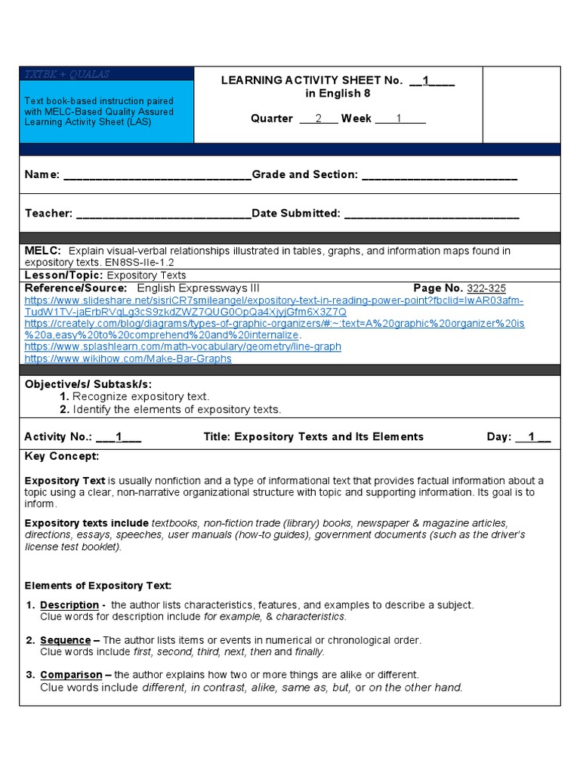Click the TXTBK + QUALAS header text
67,74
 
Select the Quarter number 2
319,119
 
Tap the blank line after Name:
157,175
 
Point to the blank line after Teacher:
163,214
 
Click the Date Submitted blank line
431,214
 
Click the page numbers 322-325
486,288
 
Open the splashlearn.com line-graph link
183,346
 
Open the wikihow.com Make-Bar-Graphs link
128,359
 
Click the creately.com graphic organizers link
274,323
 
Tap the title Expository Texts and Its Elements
313,436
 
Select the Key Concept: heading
62,457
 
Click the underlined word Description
69,605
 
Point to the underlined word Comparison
71,675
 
